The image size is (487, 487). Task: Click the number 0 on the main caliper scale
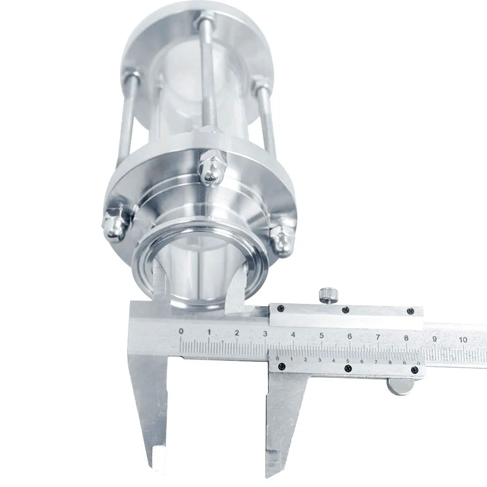(181, 331)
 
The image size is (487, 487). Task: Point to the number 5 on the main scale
(321, 336)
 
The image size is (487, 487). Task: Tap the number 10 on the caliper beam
(463, 340)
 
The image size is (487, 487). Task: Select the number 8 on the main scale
(406, 338)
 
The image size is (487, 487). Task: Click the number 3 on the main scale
(265, 334)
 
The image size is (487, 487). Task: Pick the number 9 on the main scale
(434, 339)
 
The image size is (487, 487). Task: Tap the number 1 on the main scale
(209, 332)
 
